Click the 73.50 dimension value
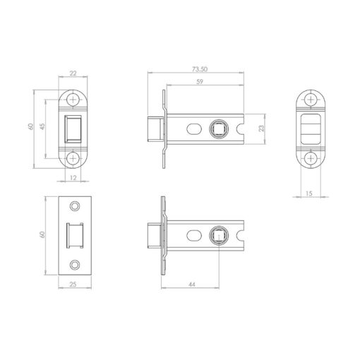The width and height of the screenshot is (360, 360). point(200,69)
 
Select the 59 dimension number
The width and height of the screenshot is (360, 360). point(200,82)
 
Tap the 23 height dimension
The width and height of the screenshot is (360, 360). point(261,128)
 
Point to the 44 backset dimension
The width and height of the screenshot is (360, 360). point(192,284)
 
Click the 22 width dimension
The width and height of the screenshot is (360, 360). point(73,73)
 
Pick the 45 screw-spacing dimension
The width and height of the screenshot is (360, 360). point(42,126)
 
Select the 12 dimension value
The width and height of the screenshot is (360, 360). point(73,178)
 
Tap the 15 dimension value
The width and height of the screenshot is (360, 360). point(309,193)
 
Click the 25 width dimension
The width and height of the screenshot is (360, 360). point(73,284)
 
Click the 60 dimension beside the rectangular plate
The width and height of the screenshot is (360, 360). point(42,234)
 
